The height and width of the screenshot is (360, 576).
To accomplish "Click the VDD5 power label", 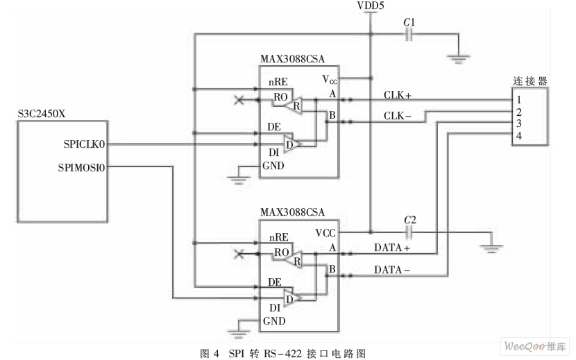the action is point(371,5).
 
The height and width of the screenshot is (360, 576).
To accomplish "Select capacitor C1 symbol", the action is point(409,35).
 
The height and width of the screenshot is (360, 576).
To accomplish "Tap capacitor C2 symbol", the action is point(409,232).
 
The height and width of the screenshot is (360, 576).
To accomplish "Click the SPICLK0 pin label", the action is point(84,144).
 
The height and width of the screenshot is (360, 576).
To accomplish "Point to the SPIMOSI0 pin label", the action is point(82,167).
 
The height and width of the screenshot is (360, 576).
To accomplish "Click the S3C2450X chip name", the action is point(42,114).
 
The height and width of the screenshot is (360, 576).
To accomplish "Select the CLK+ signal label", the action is point(398,95).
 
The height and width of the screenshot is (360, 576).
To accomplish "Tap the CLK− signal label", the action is point(398,116).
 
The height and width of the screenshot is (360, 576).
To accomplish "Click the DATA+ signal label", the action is point(392,248).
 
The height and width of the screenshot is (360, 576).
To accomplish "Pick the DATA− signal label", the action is point(392,270).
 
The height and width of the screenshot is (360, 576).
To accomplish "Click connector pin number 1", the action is point(518,100).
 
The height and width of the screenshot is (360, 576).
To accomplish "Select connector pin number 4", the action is point(518,136).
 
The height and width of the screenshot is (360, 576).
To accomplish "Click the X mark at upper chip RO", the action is point(239,100).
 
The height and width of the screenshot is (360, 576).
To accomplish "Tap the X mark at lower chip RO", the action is point(239,253).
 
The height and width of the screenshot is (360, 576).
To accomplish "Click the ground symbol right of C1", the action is point(458,59).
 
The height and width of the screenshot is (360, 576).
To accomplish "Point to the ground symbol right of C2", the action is point(491,249).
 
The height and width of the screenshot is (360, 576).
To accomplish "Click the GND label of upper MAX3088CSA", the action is point(273,166).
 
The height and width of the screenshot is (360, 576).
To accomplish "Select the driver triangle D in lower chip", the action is point(292,298).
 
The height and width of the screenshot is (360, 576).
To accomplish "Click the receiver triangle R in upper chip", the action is point(294,105).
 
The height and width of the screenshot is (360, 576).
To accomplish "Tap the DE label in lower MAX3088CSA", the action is point(275,282).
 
